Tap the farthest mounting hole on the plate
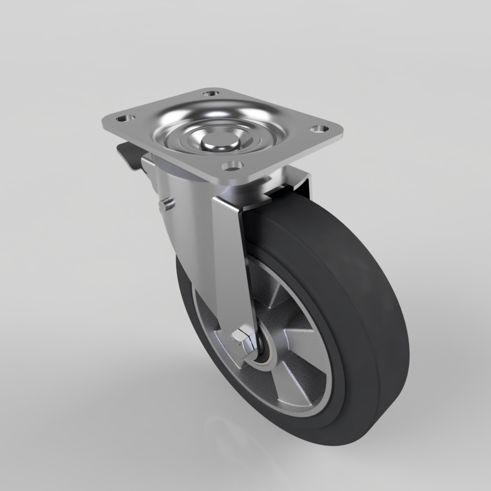tap(211, 93)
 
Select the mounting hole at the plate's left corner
tap(124, 118)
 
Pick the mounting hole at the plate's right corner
tap(319, 129)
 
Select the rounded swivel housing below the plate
tap(182, 196)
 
